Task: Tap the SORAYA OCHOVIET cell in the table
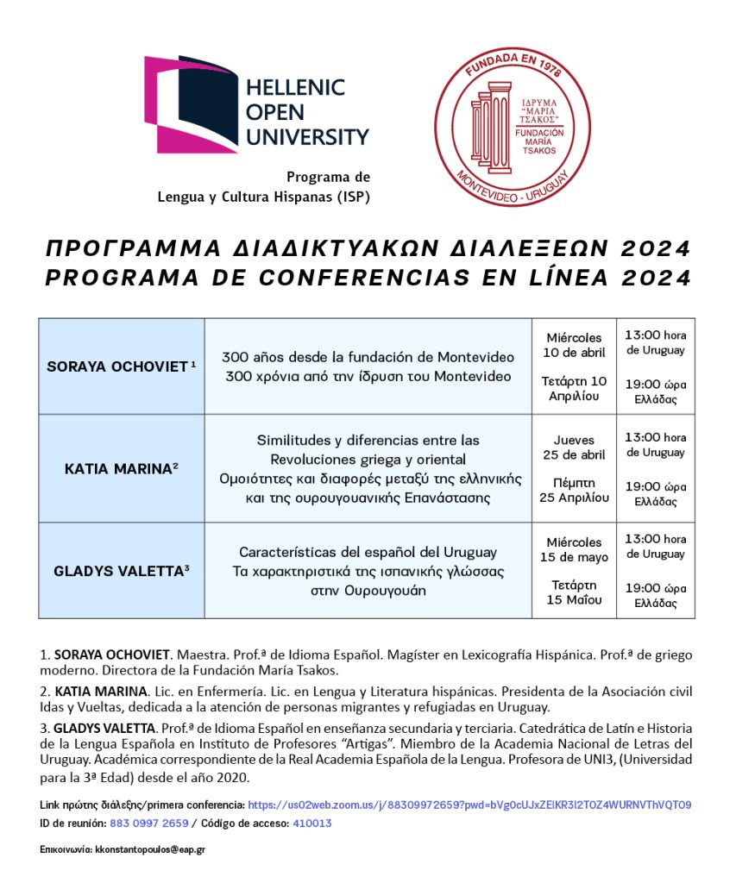(x=122, y=366)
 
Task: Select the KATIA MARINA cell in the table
(x=122, y=468)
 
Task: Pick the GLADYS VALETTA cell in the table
(x=122, y=570)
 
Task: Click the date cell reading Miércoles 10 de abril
(x=575, y=366)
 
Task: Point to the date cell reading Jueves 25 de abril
(x=575, y=468)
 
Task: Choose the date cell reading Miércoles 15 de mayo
(x=575, y=570)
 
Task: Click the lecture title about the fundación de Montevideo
(x=368, y=366)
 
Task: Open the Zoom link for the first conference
(x=469, y=805)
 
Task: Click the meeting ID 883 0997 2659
(x=149, y=824)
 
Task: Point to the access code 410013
(x=311, y=824)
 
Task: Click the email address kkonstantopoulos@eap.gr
(x=150, y=849)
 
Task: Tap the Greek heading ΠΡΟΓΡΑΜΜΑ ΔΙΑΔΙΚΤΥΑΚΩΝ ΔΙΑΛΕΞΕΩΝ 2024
(x=368, y=250)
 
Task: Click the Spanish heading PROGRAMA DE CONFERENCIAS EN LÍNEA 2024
(x=368, y=278)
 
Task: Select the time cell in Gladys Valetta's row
(x=656, y=570)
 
